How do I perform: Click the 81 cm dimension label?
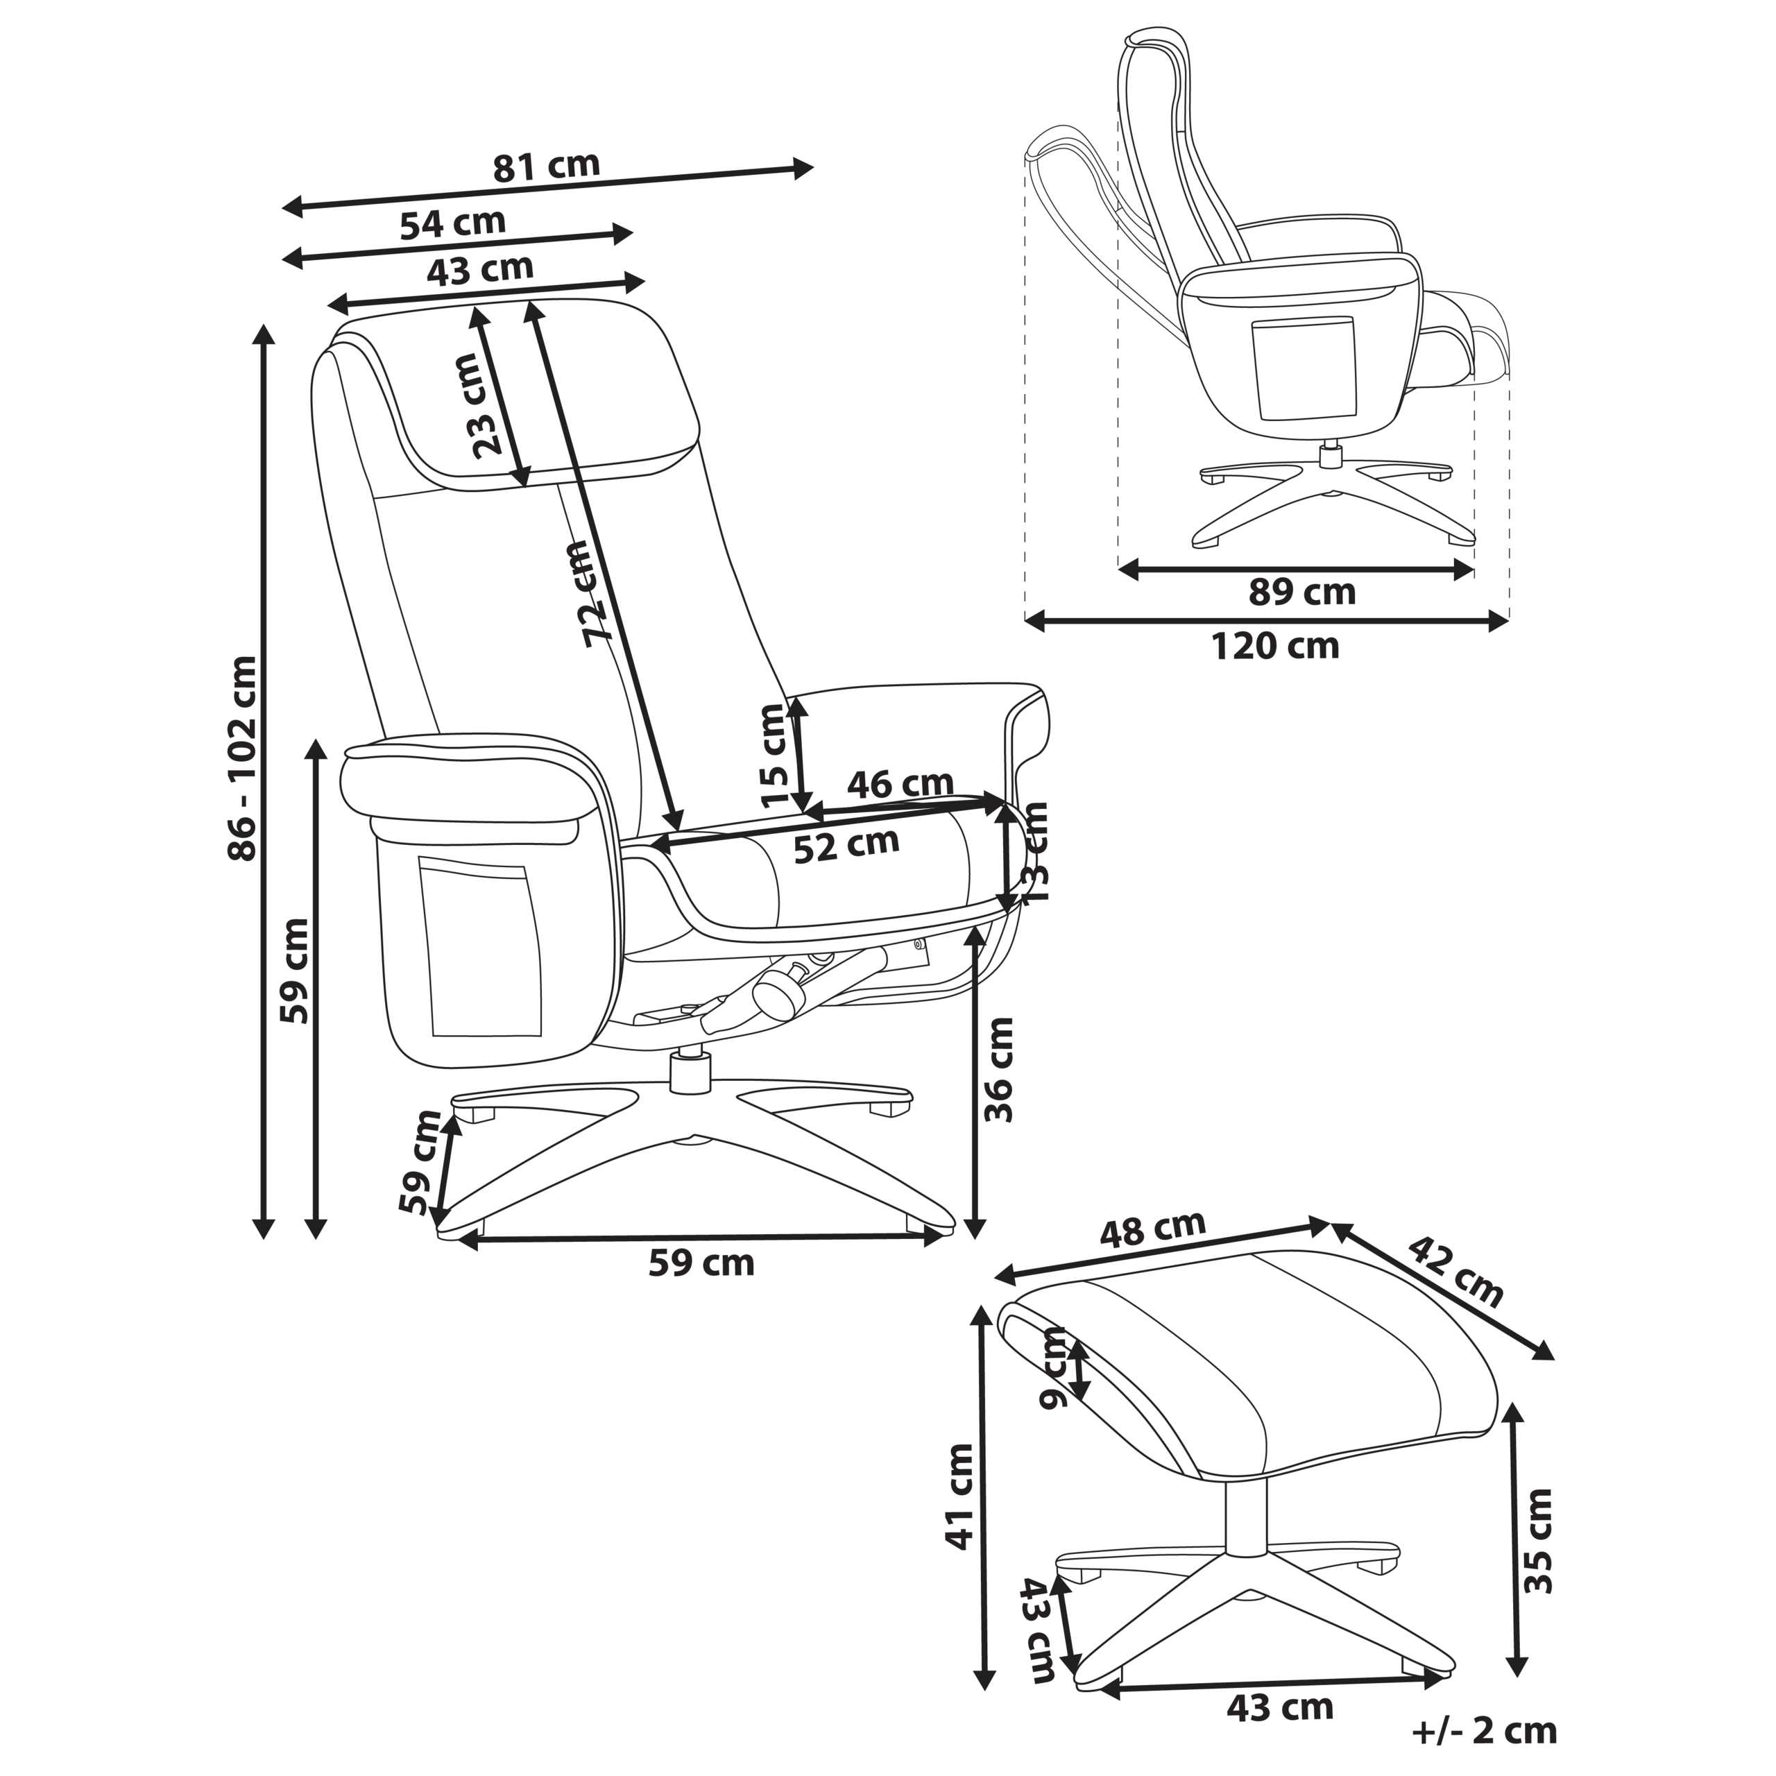(546, 166)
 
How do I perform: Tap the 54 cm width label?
(452, 223)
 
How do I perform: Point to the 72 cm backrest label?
(588, 593)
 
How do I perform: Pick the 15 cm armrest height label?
(774, 755)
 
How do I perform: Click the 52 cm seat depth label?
(846, 844)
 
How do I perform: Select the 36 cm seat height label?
(998, 1070)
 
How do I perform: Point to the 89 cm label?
(1301, 592)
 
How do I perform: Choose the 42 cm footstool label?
(1456, 1272)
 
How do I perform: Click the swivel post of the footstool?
(1245, 1516)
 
